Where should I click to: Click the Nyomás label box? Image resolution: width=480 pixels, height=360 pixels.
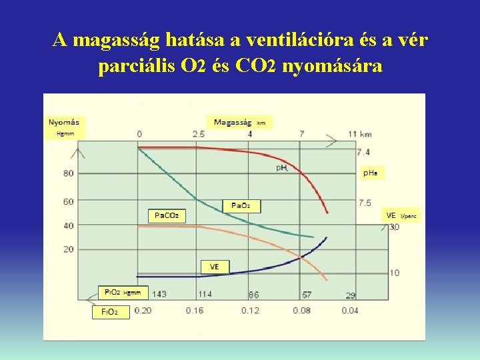(65, 127)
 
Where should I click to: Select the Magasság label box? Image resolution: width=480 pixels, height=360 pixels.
(239, 123)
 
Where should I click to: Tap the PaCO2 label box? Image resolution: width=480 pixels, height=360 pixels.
(166, 215)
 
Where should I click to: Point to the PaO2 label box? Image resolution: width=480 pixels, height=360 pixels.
(241, 206)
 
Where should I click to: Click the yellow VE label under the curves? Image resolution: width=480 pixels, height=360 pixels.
(215, 267)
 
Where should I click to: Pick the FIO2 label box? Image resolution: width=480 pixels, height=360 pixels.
(110, 312)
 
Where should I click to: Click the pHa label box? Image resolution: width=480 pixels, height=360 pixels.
(371, 173)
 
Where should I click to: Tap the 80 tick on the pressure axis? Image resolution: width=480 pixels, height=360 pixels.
(68, 173)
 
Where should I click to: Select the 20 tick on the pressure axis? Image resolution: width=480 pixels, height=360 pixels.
(68, 249)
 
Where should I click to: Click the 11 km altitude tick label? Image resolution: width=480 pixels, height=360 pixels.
(360, 134)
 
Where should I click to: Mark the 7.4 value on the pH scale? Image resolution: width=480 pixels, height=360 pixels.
(364, 153)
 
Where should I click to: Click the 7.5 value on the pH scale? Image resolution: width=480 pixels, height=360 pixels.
(365, 203)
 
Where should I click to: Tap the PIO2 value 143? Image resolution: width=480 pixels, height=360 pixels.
(159, 294)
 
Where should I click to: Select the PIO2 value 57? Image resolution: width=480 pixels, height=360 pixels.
(306, 294)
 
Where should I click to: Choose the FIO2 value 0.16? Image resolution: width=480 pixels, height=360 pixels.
(195, 311)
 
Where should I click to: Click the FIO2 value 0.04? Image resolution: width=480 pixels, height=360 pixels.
(350, 311)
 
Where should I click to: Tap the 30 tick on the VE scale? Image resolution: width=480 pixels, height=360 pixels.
(394, 227)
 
